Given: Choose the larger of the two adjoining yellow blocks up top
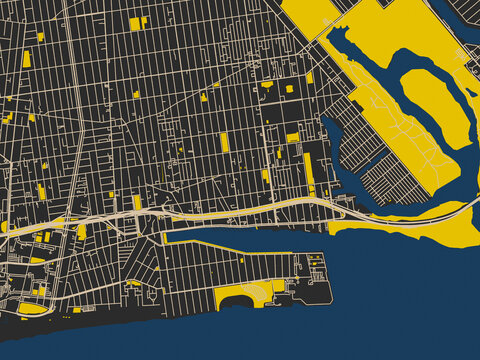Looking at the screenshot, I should [134, 23].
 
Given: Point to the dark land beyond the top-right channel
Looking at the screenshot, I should [471, 8].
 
